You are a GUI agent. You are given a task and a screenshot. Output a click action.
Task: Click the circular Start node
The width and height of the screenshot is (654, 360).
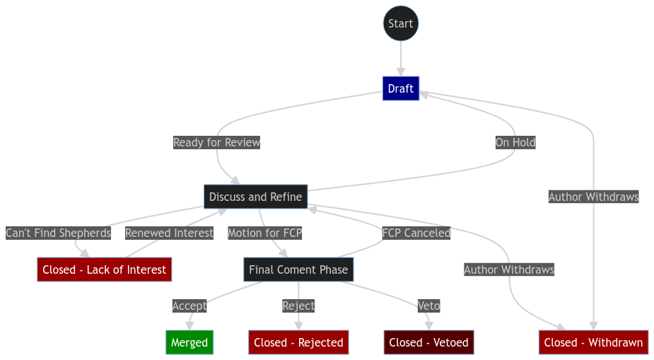click(x=401, y=23)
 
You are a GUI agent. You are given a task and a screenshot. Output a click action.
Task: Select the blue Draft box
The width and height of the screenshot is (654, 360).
click(x=401, y=88)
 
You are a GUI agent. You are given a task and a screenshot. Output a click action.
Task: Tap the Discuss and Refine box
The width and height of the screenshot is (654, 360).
click(x=255, y=197)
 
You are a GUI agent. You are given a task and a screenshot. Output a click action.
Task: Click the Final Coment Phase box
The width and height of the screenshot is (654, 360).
click(x=298, y=269)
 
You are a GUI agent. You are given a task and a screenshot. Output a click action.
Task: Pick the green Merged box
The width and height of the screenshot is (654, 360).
click(x=189, y=342)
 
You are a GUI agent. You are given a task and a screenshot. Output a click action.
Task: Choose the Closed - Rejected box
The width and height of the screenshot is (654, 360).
click(x=298, y=342)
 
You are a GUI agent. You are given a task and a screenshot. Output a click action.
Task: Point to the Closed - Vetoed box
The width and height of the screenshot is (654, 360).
click(x=428, y=342)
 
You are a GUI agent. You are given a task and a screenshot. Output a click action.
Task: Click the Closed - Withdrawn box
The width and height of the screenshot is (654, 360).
click(x=593, y=342)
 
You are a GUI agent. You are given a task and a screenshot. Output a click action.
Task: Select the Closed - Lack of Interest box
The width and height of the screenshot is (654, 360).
click(x=104, y=269)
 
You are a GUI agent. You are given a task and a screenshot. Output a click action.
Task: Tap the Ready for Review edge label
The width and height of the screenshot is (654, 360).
click(x=216, y=142)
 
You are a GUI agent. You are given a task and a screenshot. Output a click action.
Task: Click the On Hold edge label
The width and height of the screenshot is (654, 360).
click(x=515, y=142)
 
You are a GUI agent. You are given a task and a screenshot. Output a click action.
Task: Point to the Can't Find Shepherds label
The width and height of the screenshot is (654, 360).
click(x=58, y=233)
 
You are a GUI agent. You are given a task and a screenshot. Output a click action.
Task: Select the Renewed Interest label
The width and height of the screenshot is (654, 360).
click(x=169, y=233)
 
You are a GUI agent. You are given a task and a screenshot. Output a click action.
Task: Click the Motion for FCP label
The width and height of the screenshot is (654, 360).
click(x=264, y=233)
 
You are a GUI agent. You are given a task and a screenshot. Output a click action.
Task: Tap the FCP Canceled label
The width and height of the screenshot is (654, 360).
click(x=416, y=233)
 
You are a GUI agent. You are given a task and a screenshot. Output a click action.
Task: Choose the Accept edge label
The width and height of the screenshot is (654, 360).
click(x=189, y=306)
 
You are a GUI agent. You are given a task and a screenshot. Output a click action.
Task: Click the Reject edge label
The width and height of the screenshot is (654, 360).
click(x=298, y=306)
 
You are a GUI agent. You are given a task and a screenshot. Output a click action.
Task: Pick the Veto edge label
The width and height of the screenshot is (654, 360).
click(x=428, y=306)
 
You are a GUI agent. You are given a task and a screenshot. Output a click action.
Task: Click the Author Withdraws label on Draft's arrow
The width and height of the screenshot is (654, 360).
click(x=593, y=197)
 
